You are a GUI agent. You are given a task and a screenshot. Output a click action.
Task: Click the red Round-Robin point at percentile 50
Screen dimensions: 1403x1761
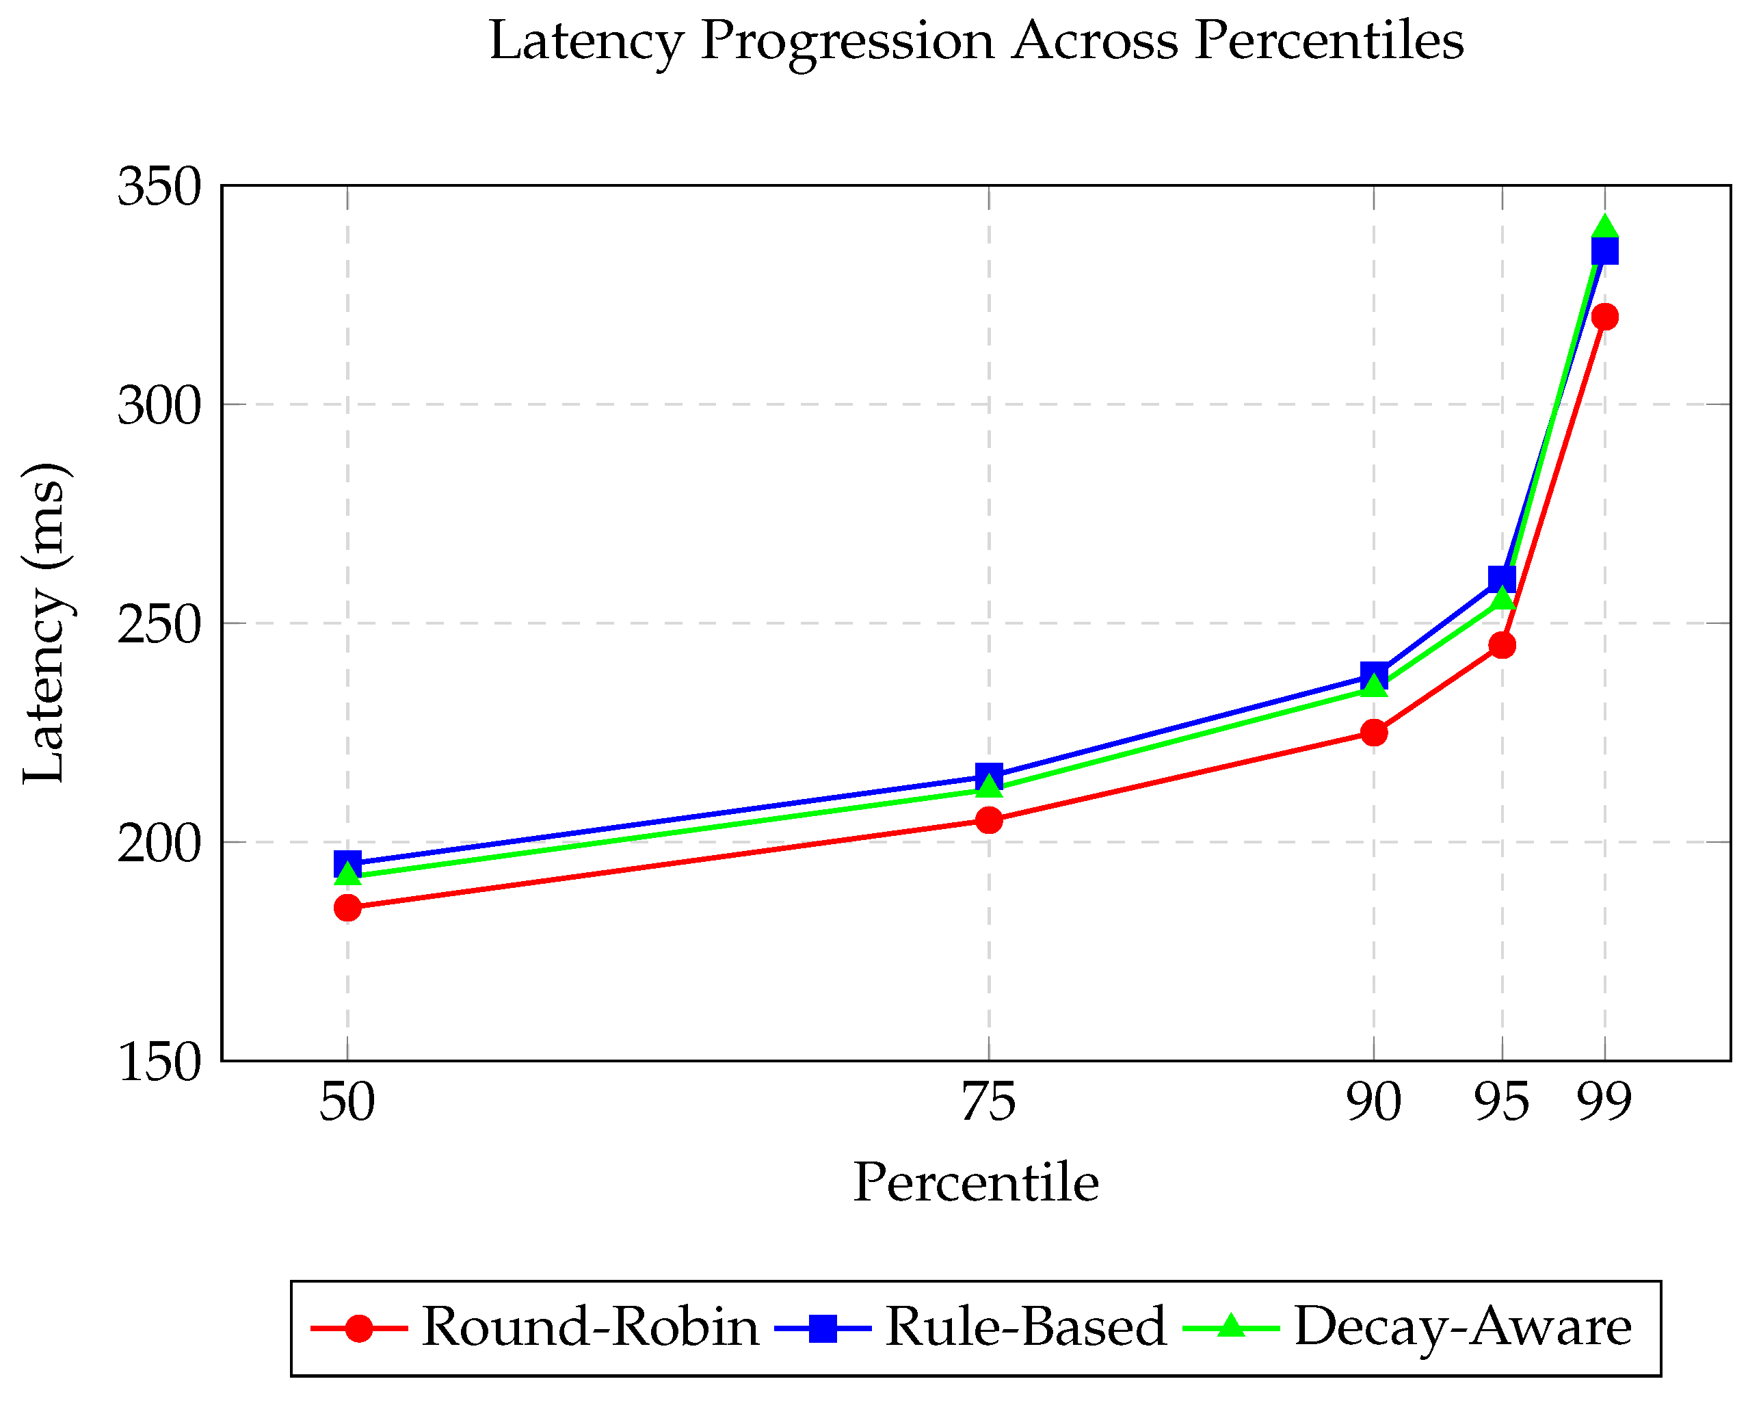(347, 908)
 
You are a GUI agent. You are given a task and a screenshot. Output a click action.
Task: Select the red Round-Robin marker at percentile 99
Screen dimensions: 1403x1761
(1605, 316)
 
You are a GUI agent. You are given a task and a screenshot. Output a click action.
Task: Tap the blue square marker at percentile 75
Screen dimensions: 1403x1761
(988, 776)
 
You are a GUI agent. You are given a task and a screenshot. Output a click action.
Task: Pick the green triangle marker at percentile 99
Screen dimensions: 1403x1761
(1605, 227)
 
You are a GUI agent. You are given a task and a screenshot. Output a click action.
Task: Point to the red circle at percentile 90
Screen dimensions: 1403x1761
(1374, 732)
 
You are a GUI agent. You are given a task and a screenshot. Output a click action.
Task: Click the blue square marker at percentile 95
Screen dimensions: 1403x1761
(1501, 579)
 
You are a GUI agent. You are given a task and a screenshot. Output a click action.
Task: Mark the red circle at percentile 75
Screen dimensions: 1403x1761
(988, 819)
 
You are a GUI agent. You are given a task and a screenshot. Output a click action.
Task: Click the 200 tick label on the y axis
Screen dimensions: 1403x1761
(159, 843)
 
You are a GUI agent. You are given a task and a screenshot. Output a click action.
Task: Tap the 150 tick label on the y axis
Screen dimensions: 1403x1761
(159, 1062)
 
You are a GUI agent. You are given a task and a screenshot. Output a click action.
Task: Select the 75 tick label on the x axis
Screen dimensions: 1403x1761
(988, 1102)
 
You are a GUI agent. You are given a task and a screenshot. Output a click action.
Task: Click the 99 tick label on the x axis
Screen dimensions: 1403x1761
(1604, 1102)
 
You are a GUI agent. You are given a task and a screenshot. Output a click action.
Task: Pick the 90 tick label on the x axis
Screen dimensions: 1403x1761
(1374, 1102)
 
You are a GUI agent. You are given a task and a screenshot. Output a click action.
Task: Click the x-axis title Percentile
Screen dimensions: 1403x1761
(975, 1184)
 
